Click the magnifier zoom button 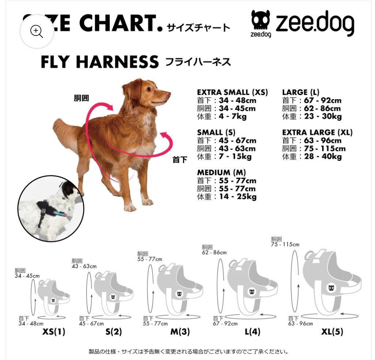37,31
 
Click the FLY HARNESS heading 100,62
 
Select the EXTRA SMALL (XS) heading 232,92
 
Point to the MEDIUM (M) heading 221,172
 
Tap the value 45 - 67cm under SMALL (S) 237,141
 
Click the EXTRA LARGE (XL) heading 317,132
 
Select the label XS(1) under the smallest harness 54,332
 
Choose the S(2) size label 113,332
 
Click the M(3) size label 180,332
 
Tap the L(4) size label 252,332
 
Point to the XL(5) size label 332,332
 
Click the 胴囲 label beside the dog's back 81,98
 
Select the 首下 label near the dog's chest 180,160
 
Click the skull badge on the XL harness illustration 331,288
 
